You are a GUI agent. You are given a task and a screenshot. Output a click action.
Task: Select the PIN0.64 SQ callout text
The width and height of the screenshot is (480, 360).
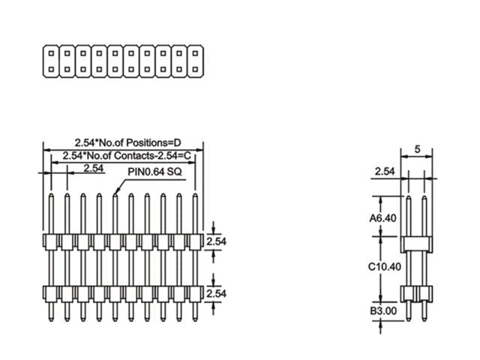[155, 171]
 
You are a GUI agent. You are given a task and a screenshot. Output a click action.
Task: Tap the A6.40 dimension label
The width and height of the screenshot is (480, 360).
[382, 218]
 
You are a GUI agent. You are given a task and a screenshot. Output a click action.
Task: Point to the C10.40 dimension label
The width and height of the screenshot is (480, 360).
[382, 266]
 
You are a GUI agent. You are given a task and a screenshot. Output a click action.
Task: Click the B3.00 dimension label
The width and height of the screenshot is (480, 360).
[382, 310]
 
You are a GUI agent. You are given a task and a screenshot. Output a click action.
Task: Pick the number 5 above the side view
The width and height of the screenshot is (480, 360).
[417, 149]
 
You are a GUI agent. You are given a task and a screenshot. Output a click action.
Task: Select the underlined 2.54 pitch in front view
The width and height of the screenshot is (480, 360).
[94, 169]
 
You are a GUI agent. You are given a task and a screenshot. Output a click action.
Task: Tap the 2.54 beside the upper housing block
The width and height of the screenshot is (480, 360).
[216, 241]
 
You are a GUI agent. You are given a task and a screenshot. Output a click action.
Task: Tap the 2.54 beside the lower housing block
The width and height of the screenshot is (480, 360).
[216, 292]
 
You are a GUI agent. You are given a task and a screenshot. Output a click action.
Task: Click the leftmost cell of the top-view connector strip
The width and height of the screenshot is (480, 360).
[51, 61]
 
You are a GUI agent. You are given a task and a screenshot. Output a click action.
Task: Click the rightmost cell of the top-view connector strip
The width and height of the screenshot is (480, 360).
[196, 61]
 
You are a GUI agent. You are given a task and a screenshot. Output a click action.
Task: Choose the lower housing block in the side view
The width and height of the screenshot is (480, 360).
[417, 293]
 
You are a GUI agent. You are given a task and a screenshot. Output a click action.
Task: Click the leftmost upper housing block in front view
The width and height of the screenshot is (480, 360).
[50, 241]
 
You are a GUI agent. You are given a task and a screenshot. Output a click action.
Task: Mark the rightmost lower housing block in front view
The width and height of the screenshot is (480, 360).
[195, 292]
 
